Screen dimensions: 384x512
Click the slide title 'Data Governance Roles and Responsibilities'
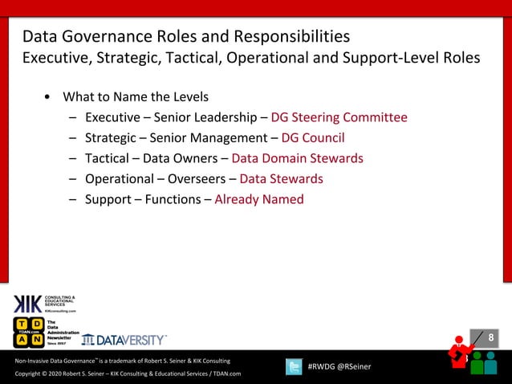pyautogui.click(x=185, y=37)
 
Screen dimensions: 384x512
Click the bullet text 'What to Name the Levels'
pyautogui.click(x=136, y=97)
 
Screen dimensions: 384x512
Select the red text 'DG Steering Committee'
pyautogui.click(x=339, y=117)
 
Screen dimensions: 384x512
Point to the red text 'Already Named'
pyautogui.click(x=258, y=199)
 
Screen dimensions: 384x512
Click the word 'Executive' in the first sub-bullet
pyautogui.click(x=112, y=117)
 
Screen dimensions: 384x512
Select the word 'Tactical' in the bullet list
pyautogui.click(x=109, y=158)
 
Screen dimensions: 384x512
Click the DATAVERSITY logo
pyautogui.click(x=124, y=340)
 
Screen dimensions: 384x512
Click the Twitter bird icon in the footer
pyautogui.click(x=295, y=366)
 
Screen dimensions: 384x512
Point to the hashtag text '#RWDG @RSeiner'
pyautogui.click(x=339, y=367)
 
